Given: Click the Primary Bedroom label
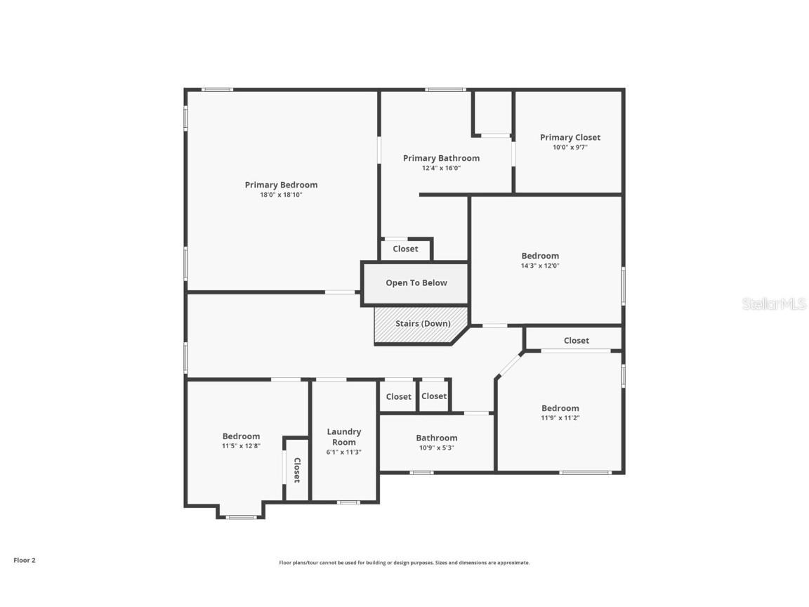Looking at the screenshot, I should pos(281,185).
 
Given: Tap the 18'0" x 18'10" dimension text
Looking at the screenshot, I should pos(281,195).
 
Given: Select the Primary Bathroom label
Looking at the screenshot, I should pos(441,158).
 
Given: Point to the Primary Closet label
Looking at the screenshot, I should pos(570,138).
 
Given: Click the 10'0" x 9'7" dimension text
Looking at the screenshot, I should pos(570,148).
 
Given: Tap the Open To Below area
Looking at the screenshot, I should pos(416,283).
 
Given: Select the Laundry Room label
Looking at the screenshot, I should pos(344,437).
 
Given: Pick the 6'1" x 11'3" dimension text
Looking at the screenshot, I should pos(344,452).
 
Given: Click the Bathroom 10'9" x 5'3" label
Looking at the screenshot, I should pos(436,438).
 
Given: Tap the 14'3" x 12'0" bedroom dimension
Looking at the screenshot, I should pos(540,266).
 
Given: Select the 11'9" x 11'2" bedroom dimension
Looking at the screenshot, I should pos(560,417).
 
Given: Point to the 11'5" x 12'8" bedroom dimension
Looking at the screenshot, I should pos(241,445).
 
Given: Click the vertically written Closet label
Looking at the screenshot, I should pos(296,469).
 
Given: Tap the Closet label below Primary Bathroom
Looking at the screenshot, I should pos(405,249).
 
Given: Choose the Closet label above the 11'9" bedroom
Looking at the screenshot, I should pos(576,340).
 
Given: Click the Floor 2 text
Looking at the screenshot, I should pos(24,560).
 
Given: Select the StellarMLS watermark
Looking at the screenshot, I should pos(773,303).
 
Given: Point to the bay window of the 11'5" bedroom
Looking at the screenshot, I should pos(241,517).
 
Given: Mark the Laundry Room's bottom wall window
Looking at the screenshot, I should pos(348,502).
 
